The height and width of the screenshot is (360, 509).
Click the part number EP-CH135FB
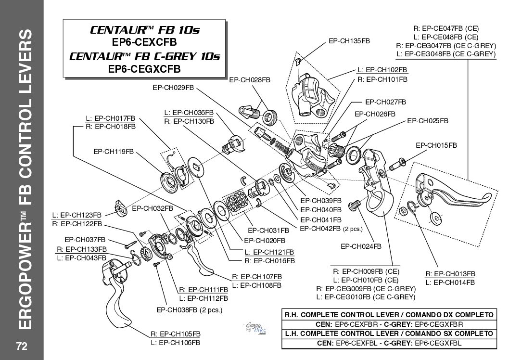point(349,42)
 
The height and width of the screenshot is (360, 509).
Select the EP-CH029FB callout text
point(173,88)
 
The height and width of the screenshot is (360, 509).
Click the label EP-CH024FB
point(361,246)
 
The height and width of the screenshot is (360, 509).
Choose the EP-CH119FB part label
point(113,151)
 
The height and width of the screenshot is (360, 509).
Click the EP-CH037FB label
point(85,239)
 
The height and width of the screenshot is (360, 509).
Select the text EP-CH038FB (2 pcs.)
point(190,309)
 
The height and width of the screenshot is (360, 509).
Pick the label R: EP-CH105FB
point(175,334)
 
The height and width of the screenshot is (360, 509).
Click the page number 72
point(22,346)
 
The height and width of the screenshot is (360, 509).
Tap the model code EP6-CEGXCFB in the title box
point(144,68)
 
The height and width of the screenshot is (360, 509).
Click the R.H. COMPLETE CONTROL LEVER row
point(389,314)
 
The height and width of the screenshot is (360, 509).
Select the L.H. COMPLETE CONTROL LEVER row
point(389,333)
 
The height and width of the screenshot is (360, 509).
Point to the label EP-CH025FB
point(428,120)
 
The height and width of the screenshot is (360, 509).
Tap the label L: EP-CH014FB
point(451,282)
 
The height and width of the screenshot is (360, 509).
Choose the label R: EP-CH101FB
point(382,78)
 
